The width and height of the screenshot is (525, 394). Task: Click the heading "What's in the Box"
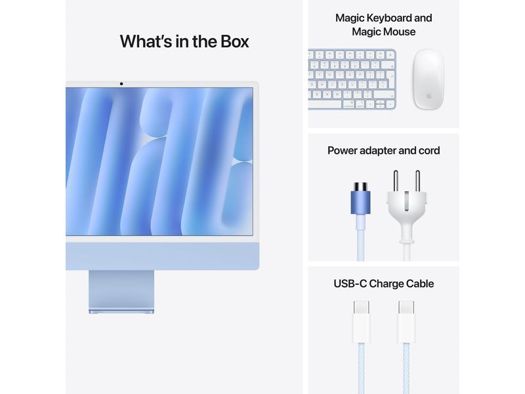click(x=184, y=41)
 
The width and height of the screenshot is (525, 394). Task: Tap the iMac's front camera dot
click(x=121, y=84)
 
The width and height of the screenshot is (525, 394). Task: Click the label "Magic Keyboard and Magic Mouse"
click(x=383, y=25)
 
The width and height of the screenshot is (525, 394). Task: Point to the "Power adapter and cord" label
click(x=383, y=150)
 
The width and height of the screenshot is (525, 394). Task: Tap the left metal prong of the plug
click(x=395, y=181)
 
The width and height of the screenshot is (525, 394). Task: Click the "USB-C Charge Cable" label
click(x=383, y=284)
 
